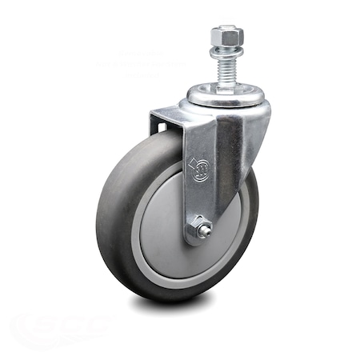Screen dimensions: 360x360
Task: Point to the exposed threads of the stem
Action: (x=226, y=68)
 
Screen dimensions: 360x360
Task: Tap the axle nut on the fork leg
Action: (x=198, y=230)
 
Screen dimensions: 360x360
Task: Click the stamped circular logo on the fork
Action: (x=198, y=169)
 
